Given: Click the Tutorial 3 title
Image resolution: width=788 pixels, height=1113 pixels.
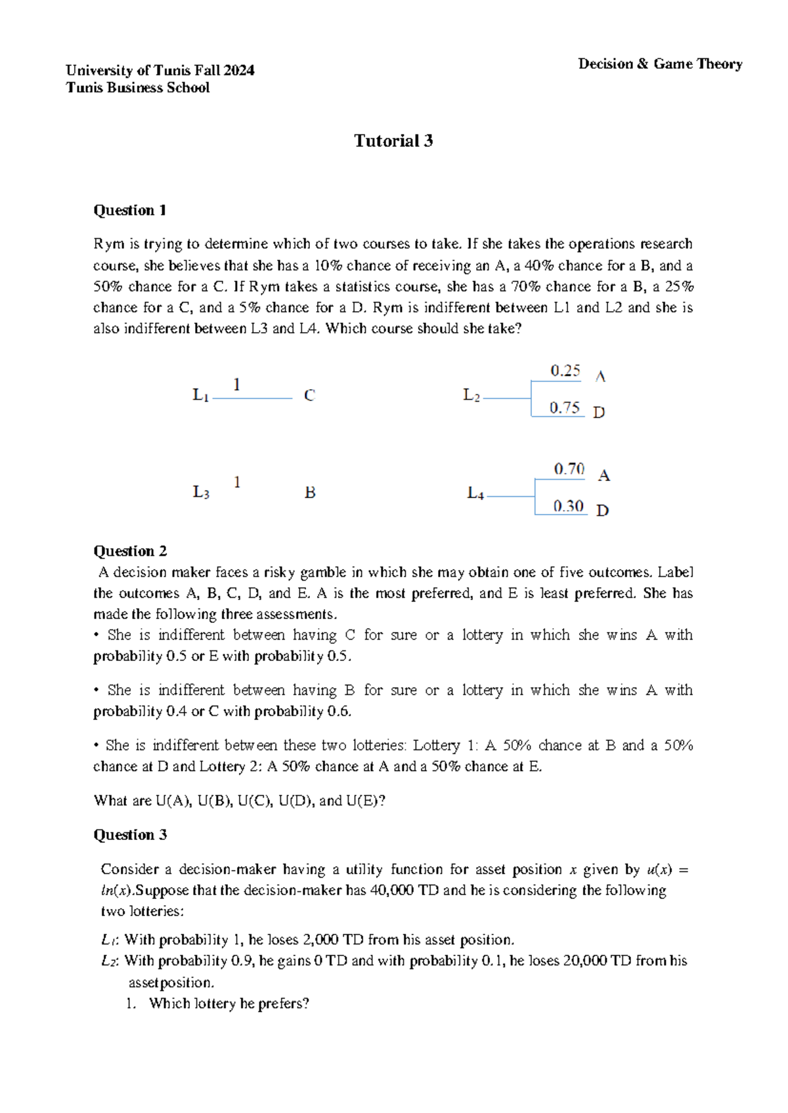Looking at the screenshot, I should (393, 141).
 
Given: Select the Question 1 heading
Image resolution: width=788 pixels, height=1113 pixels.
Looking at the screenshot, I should (129, 211).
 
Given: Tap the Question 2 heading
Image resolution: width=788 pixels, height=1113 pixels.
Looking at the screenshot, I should (130, 551).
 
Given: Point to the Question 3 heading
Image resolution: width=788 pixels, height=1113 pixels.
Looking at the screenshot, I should (130, 835).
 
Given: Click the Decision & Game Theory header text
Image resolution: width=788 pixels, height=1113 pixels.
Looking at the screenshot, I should (660, 64).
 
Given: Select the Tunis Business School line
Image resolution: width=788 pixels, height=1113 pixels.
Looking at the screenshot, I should (138, 88).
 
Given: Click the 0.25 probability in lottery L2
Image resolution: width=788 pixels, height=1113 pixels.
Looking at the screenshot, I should (565, 371).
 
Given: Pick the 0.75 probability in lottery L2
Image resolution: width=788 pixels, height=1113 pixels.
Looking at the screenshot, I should (564, 408).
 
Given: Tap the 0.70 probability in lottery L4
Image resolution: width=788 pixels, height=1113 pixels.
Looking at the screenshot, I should (569, 469).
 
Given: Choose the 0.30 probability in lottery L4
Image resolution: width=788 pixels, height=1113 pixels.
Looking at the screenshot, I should (568, 506).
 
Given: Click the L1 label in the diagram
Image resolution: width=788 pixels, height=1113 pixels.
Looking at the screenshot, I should (200, 395).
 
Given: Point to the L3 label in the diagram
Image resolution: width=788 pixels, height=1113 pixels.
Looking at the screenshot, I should (201, 492).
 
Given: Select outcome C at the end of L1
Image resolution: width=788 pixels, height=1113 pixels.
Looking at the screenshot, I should (309, 396).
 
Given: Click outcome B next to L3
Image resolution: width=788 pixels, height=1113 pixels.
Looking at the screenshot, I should (310, 493).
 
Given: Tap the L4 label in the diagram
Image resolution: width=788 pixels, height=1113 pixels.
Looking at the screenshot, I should (475, 493).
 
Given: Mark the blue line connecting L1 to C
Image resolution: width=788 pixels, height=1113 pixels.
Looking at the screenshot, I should (252, 398).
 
